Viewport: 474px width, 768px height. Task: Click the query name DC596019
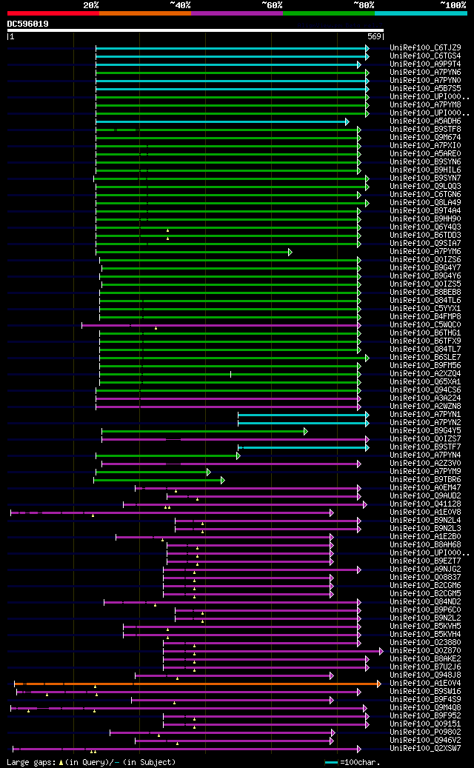[x=28, y=24]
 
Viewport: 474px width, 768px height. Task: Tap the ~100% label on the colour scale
[x=453, y=4]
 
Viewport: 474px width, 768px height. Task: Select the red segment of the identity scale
[x=53, y=13]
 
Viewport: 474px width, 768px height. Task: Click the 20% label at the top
[x=91, y=4]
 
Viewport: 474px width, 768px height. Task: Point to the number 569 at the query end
[x=374, y=36]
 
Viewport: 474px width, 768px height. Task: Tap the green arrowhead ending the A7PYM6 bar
[x=290, y=252]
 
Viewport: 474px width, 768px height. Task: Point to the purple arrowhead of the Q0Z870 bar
[x=381, y=650]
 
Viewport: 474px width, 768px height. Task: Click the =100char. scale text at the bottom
[x=358, y=761]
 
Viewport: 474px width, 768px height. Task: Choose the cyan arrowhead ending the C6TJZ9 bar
[x=367, y=48]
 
